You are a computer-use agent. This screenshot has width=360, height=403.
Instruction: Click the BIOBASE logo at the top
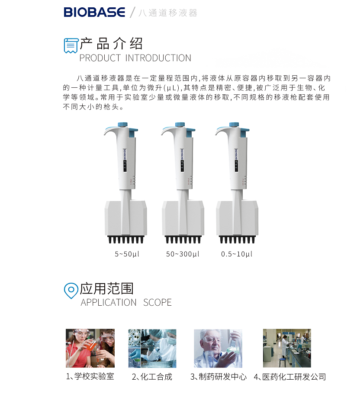point(94,13)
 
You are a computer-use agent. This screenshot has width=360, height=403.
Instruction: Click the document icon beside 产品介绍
point(71,46)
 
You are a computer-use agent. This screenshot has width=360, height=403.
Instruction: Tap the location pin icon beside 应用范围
point(71,291)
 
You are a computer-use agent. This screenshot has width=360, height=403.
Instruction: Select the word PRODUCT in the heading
point(100,58)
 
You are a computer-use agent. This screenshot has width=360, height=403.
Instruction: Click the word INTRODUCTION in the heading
point(158,58)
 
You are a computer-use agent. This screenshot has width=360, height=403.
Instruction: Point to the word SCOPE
point(157,303)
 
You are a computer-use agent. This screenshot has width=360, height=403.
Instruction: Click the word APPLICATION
point(109,303)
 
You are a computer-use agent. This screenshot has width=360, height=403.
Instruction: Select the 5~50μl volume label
point(127,254)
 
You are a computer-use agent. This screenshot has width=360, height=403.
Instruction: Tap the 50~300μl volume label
point(183,254)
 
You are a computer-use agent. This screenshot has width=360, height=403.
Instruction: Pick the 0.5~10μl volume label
point(237,254)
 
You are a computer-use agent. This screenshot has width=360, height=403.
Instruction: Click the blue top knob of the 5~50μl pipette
point(122,125)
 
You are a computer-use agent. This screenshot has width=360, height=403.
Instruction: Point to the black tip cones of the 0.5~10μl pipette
point(237,240)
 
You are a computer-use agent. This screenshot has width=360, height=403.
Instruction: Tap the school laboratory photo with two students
point(90,348)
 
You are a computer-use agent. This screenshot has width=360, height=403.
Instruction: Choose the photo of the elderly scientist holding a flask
point(218,348)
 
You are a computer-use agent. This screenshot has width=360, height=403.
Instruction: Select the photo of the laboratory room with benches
point(287,348)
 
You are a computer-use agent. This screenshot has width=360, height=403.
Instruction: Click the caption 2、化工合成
point(152,377)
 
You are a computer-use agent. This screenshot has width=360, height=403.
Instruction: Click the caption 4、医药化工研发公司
point(290,377)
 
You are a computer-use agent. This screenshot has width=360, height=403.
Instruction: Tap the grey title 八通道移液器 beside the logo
point(168,13)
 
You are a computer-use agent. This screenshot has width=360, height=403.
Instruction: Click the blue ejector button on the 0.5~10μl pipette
point(244,133)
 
